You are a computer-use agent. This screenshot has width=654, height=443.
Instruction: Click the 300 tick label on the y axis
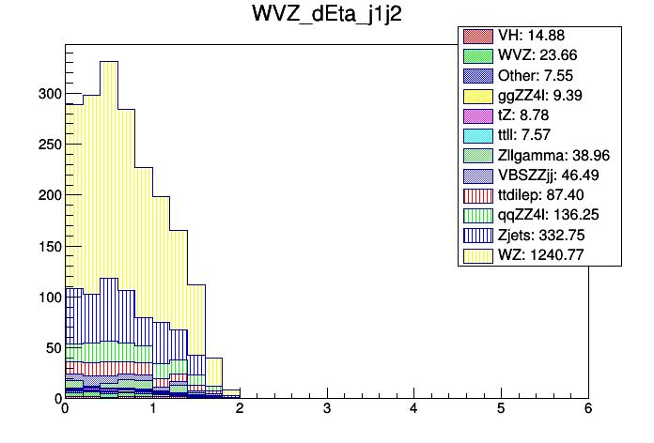click(49, 94)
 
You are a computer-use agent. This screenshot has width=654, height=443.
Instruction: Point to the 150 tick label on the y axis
click(49, 246)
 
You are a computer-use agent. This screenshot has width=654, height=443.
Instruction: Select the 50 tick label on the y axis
click(52, 347)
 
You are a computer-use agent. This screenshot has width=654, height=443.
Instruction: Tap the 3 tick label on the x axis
click(326, 409)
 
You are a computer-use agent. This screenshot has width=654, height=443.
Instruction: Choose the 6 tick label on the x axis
click(588, 409)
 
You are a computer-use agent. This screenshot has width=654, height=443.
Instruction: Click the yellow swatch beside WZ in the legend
click(476, 255)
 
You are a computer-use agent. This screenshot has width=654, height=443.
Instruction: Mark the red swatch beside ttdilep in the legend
click(476, 196)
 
